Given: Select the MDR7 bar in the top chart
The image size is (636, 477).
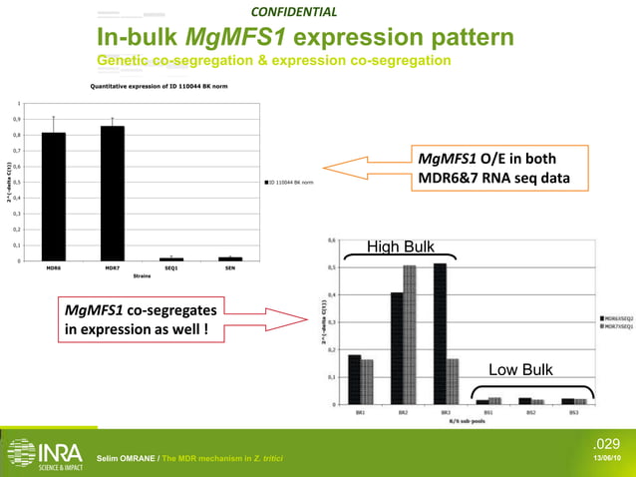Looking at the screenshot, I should (x=112, y=194).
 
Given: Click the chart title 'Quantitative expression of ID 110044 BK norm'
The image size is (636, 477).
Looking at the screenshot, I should (x=152, y=87).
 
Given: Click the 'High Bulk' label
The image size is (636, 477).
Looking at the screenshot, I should (x=400, y=246).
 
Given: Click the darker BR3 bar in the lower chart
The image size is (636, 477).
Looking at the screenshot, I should (x=440, y=333).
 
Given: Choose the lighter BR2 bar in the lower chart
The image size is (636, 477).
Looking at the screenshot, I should (x=410, y=334).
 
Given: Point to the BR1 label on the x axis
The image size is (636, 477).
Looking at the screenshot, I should (x=360, y=411).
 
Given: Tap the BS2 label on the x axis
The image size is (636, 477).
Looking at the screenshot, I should (x=531, y=411).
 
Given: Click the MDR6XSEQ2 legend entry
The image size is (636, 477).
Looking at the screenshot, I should (x=615, y=317).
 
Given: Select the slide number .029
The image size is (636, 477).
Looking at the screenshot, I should (x=607, y=442).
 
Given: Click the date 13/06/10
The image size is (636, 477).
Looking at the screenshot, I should (x=607, y=458).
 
